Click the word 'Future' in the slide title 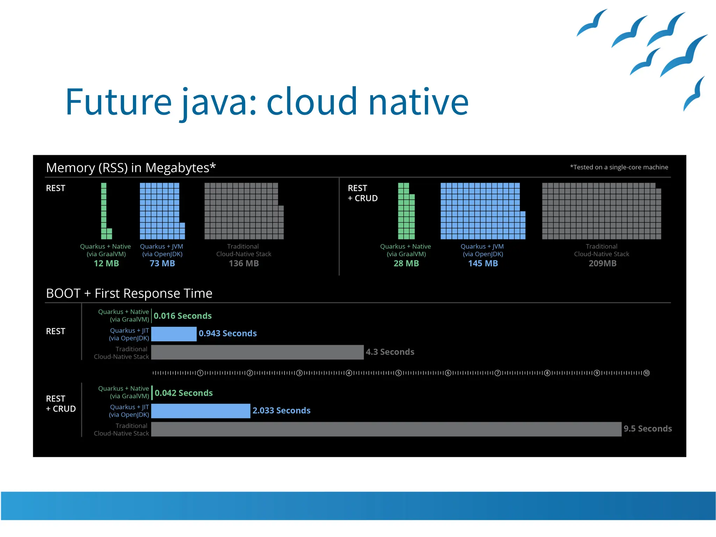[x=118, y=102]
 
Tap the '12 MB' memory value [x=106, y=263]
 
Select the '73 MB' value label [x=162, y=263]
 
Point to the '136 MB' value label [x=244, y=263]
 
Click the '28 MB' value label [x=406, y=263]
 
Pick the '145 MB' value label [x=483, y=263]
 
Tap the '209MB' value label [x=602, y=263]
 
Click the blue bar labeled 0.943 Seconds [x=174, y=334]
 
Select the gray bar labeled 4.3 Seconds [x=257, y=352]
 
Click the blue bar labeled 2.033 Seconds [x=201, y=411]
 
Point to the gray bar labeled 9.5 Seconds [x=386, y=429]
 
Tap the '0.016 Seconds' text [x=182, y=316]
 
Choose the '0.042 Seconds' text [x=184, y=393]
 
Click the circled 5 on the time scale [x=398, y=373]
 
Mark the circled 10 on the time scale [x=646, y=373]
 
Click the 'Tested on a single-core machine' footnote [x=619, y=167]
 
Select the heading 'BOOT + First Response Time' [x=129, y=293]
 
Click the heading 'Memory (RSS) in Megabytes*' [x=131, y=168]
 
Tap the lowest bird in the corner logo [x=694, y=94]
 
